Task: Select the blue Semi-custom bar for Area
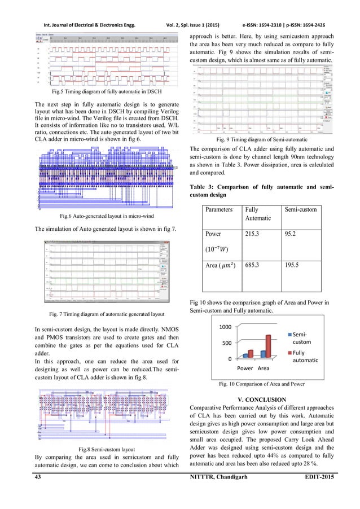(263, 354)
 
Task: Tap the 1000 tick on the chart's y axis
(226, 327)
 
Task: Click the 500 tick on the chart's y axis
(227, 343)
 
